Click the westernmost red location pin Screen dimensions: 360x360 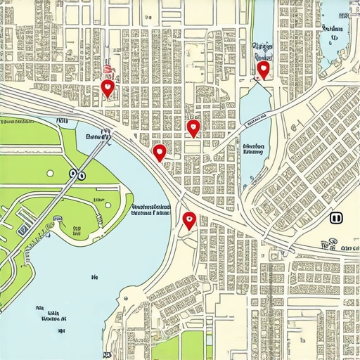pyautogui.click(x=107, y=87)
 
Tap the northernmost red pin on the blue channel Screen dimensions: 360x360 pyautogui.click(x=263, y=69)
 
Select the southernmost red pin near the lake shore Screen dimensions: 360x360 pyautogui.click(x=188, y=221)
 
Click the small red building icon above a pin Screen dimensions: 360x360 pyautogui.click(x=108, y=69)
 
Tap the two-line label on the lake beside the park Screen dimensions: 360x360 pyautogui.click(x=150, y=212)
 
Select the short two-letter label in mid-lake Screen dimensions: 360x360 pyautogui.click(x=94, y=279)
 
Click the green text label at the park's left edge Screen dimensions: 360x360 pyautogui.click(x=17, y=122)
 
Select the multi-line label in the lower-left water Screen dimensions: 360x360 pyautogui.click(x=51, y=313)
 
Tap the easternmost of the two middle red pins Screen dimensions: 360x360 pyautogui.click(x=193, y=127)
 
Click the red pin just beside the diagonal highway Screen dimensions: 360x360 pyautogui.click(x=160, y=152)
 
